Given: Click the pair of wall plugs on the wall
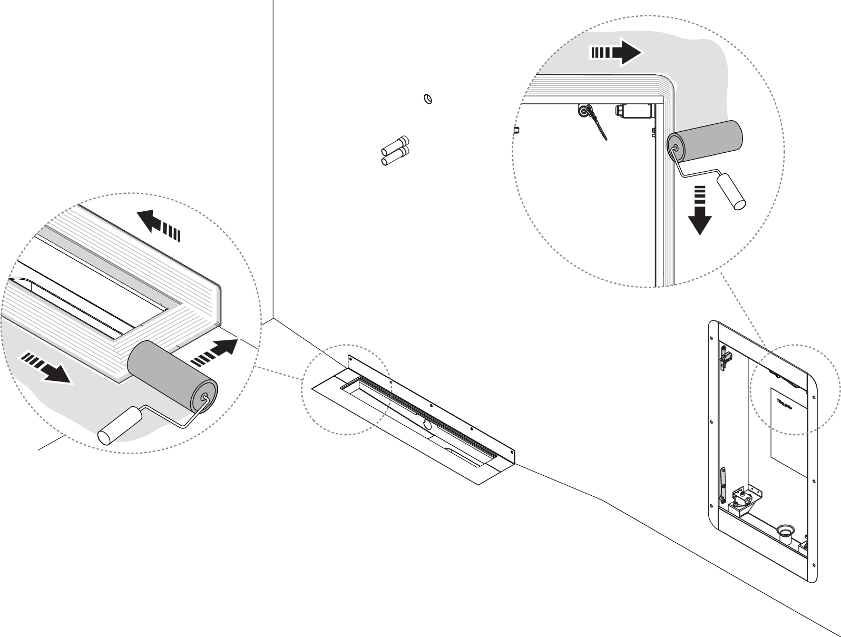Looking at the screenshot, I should tap(395, 150).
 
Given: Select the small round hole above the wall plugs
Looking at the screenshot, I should tap(428, 99).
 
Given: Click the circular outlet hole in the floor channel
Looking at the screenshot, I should tap(426, 425).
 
